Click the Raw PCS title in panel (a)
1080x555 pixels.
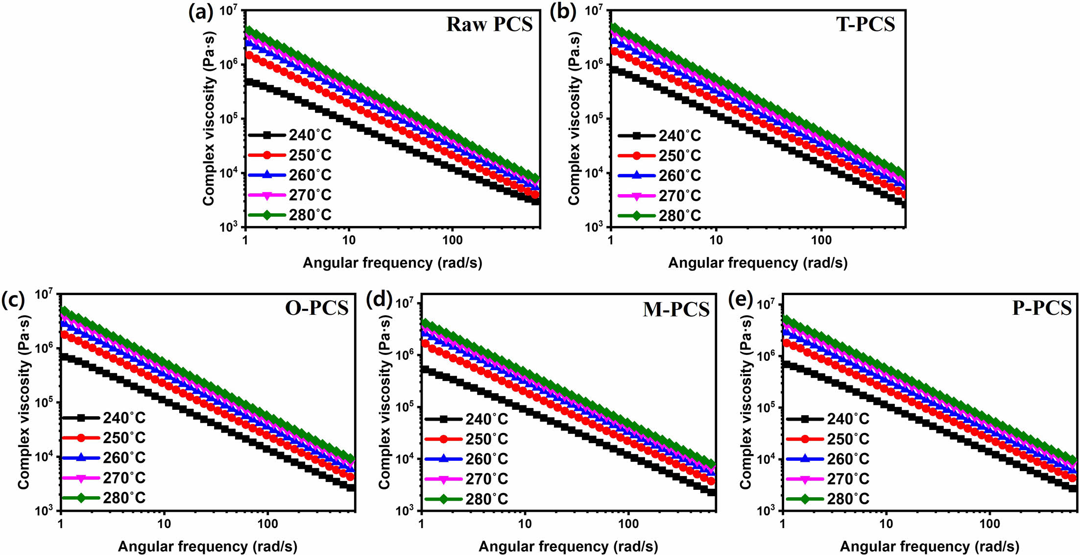tap(489, 25)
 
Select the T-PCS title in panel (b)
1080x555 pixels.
tap(865, 25)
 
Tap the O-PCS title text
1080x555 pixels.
tap(316, 308)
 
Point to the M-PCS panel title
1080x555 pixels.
tap(676, 309)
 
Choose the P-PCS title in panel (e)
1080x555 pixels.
tap(1042, 308)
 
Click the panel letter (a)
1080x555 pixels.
tap(201, 12)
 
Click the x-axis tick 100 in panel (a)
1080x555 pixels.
tap(452, 240)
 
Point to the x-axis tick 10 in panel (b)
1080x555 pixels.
tap(716, 240)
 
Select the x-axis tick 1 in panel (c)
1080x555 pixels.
tap(60, 524)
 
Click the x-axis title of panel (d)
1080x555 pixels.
tap(568, 546)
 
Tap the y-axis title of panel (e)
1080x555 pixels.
tap(745, 402)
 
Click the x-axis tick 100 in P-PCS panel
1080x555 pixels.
tap(989, 524)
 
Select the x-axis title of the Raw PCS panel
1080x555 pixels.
tap(392, 263)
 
